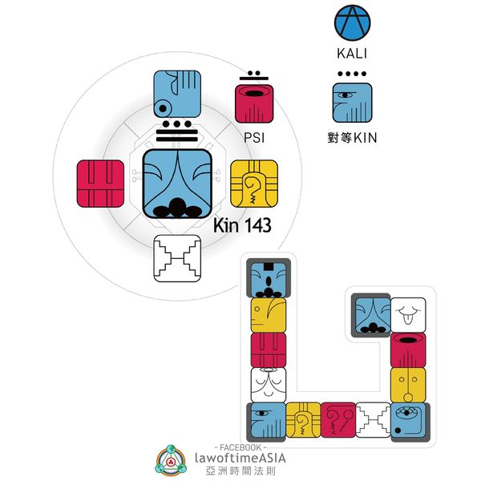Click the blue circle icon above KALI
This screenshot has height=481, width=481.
pyautogui.click(x=353, y=24)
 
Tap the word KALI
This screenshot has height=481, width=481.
pyautogui.click(x=353, y=56)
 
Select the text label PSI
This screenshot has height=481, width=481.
pyautogui.click(x=254, y=137)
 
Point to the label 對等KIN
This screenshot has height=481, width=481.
pyautogui.click(x=353, y=137)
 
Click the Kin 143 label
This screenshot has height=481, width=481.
pyautogui.click(x=242, y=226)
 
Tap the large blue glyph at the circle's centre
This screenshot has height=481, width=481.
pyautogui.click(x=177, y=183)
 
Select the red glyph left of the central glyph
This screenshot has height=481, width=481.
pyautogui.click(x=100, y=183)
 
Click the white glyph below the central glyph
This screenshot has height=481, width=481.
pyautogui.click(x=177, y=258)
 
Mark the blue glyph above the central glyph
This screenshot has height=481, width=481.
pyautogui.click(x=177, y=94)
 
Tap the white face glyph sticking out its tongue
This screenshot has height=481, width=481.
pyautogui.click(x=407, y=314)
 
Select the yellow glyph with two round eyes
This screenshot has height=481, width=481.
pyautogui.click(x=407, y=385)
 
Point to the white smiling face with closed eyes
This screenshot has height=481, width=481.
pyautogui.click(x=269, y=385)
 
